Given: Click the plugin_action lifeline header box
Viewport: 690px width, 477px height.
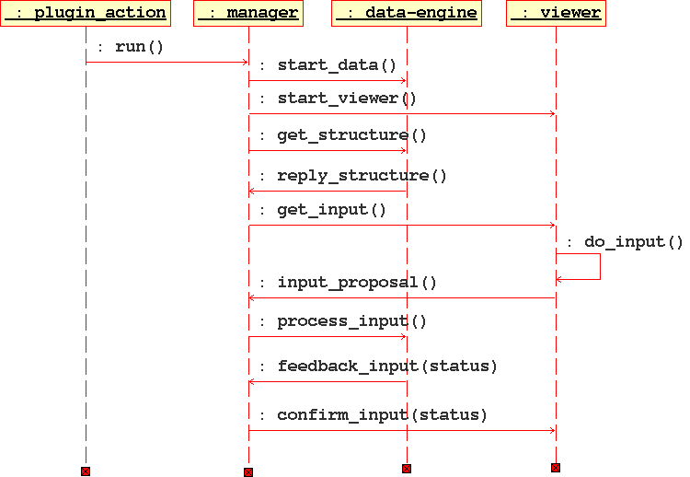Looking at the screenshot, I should [x=86, y=14].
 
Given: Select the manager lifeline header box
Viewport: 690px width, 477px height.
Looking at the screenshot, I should [x=248, y=14].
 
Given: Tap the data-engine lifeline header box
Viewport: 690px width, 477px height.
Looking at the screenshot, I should [x=407, y=14].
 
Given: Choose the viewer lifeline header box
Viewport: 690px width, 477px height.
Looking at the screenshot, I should [x=556, y=14].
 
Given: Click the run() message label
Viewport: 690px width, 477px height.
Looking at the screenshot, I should [x=130, y=46].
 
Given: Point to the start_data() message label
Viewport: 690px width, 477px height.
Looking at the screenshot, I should [x=328, y=65].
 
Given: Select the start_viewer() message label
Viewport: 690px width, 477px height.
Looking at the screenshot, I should [x=338, y=99].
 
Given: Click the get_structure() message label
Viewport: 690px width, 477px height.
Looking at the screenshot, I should [x=343, y=135].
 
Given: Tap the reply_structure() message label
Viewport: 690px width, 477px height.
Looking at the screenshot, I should [x=352, y=175].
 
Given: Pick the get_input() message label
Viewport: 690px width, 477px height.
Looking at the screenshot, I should [x=323, y=210].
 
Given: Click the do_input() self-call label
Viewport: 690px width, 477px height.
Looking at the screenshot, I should [x=625, y=242].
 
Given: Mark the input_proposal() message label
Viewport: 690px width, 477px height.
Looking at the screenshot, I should [x=348, y=283].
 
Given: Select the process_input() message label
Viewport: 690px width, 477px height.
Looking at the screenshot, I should [x=343, y=321].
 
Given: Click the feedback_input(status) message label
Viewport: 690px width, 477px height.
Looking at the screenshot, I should [x=378, y=366].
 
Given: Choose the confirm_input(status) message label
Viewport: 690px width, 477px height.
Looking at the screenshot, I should [x=373, y=415].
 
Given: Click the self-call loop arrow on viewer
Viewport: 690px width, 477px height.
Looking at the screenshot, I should [x=599, y=267].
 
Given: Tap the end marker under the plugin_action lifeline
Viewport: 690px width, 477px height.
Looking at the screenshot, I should [x=86, y=471].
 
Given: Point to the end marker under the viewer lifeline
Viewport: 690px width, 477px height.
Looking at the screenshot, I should [x=556, y=468].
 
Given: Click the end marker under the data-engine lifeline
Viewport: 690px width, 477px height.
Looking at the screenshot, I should [x=407, y=469].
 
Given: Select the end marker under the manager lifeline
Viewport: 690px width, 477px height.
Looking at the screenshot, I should [x=248, y=472].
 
